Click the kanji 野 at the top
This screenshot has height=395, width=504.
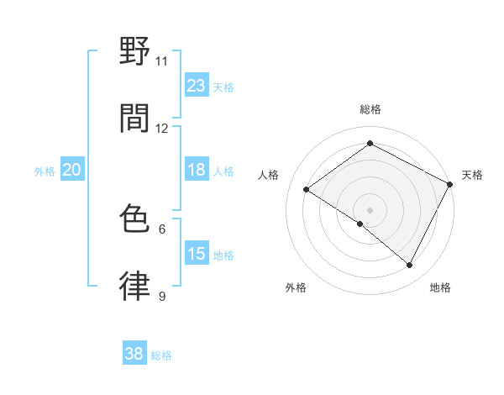coord(134,52)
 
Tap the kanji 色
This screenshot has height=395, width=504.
coord(134,220)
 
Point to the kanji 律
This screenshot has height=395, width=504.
coord(134,287)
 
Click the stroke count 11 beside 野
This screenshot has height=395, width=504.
coord(161,61)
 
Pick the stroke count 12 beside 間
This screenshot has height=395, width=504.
coord(161,129)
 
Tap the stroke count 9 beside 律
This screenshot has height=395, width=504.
coord(162,296)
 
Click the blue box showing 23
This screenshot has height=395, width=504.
coord(196,86)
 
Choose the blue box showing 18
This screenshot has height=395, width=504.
coord(196,170)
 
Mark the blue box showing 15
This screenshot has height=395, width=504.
coord(196,254)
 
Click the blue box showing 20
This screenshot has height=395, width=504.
coord(71,170)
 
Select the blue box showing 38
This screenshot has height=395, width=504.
coord(134,354)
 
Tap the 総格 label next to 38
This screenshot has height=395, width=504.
coord(161,355)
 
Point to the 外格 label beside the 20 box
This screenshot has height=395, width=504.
coord(45,171)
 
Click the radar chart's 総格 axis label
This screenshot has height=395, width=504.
coord(370,109)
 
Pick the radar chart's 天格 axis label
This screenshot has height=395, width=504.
coord(472,175)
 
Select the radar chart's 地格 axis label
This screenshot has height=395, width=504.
coord(440,288)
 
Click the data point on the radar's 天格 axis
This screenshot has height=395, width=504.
coord(450,184)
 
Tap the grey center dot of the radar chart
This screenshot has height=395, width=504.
coord(370,209)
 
